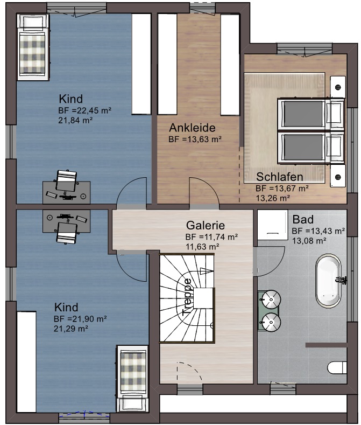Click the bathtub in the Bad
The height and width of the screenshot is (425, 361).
tap(328, 281)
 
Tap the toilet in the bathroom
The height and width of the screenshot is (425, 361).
tap(337, 367)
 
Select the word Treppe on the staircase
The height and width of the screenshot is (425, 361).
tap(187, 297)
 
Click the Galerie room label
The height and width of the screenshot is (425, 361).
tap(206, 225)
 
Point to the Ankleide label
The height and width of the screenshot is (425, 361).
tap(192, 128)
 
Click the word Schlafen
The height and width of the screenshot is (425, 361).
tap(279, 177)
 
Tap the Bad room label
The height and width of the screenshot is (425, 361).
tap(303, 219)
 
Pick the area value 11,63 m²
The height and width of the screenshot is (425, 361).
tap(202, 247)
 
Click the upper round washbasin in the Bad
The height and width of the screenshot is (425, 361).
tap(271, 299)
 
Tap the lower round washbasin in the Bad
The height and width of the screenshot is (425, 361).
tap(271, 322)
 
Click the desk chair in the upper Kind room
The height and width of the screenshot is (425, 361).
tap(66, 181)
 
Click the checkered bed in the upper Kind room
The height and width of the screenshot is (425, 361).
tap(33, 47)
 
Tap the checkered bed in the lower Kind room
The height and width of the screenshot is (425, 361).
tap(132, 379)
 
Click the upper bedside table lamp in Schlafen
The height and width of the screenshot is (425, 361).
tap(338, 87)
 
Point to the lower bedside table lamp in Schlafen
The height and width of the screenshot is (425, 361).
tap(338, 177)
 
